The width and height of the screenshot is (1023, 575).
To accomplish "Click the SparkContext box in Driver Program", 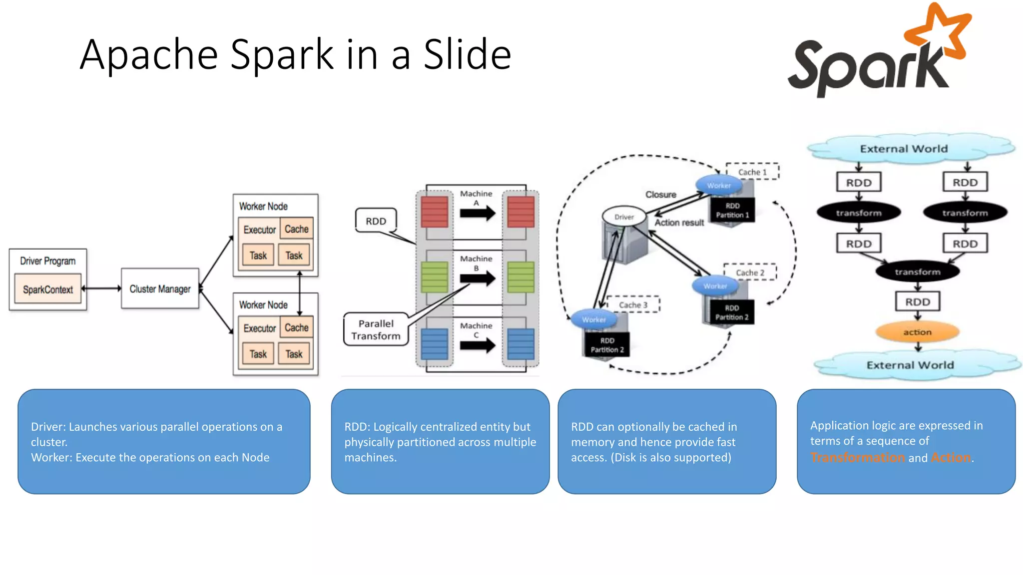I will pyautogui.click(x=48, y=289).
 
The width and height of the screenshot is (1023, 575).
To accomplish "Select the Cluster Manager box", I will pyautogui.click(x=160, y=288).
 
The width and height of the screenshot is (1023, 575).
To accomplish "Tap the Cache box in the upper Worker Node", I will pyautogui.click(x=297, y=229).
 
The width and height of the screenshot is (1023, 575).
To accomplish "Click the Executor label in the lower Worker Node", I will pyautogui.click(x=259, y=328).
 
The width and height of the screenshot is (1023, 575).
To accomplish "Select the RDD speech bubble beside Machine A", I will pyautogui.click(x=376, y=221).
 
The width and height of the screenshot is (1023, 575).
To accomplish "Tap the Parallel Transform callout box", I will pyautogui.click(x=376, y=329).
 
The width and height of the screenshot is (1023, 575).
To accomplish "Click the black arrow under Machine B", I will pyautogui.click(x=477, y=278).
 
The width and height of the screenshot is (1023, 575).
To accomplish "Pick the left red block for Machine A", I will pyautogui.click(x=434, y=212).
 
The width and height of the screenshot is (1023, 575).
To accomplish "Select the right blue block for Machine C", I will pyautogui.click(x=520, y=344).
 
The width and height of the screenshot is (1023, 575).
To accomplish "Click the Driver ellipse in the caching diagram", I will pyautogui.click(x=624, y=217).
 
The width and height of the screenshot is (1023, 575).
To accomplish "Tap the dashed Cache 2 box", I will pyautogui.click(x=750, y=273).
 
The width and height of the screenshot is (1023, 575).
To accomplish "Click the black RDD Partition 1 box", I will pyautogui.click(x=732, y=210).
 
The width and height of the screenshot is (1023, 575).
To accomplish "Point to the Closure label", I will pyautogui.click(x=660, y=194).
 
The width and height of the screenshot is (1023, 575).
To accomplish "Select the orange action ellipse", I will pyautogui.click(x=917, y=332).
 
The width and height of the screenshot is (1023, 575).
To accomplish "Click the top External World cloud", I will pyautogui.click(x=904, y=149).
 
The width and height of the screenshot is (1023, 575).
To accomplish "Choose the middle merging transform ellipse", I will pyautogui.click(x=917, y=272).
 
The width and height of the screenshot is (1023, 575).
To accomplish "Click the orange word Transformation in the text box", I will pyautogui.click(x=857, y=457).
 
